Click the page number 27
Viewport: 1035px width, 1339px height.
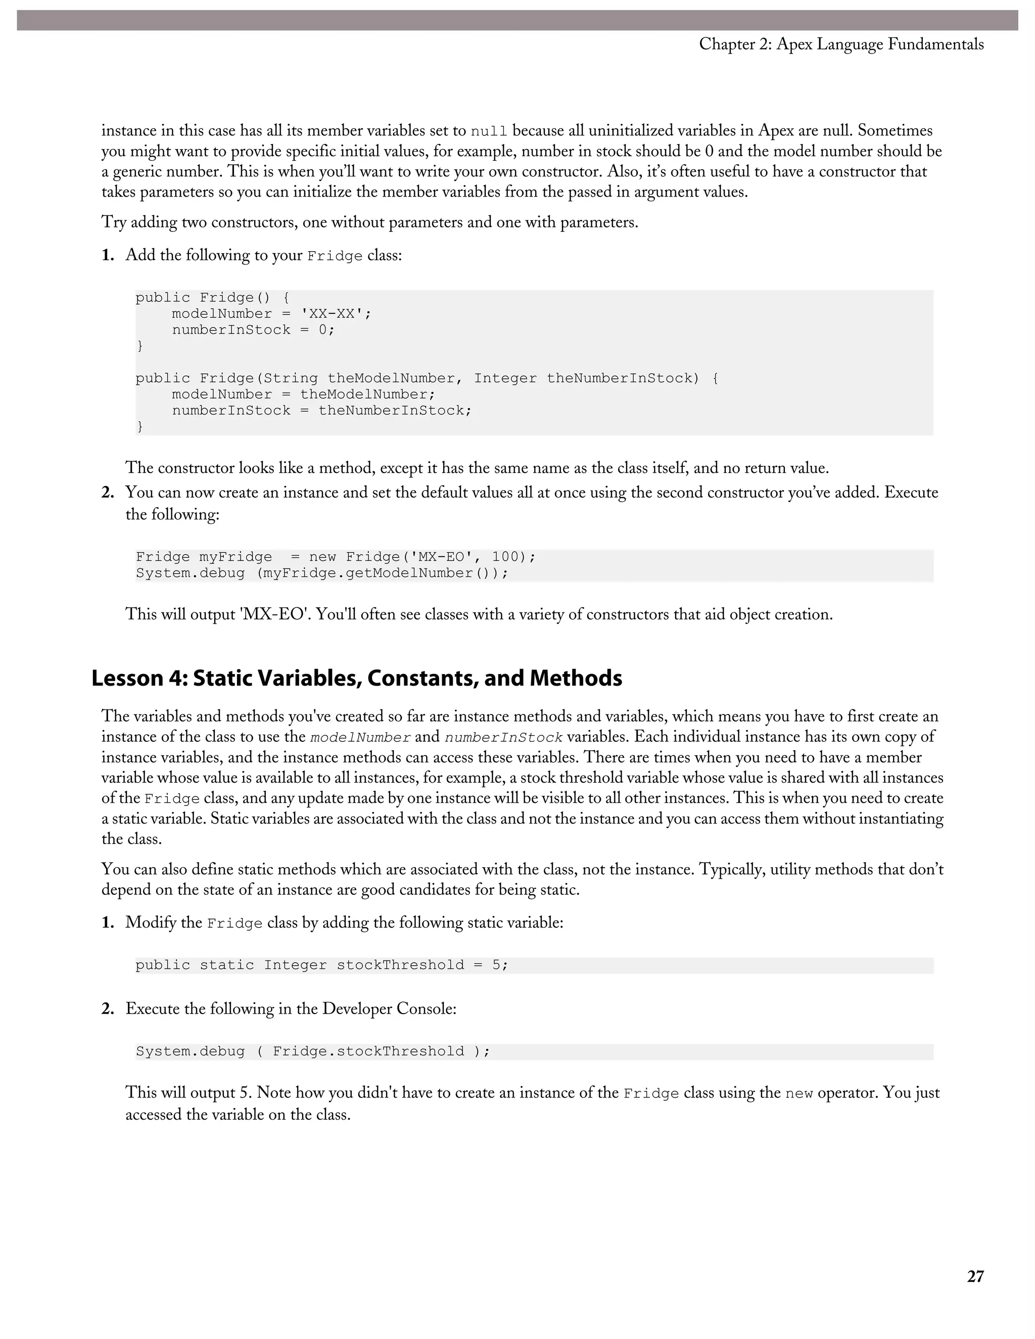(x=975, y=1276)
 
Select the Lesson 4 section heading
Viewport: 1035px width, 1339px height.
(x=356, y=678)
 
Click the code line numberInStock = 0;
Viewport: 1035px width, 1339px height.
(x=253, y=330)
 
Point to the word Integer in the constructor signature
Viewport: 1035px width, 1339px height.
(x=505, y=378)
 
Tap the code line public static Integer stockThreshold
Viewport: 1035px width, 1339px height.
(x=321, y=965)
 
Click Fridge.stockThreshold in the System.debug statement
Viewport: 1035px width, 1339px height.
(x=368, y=1051)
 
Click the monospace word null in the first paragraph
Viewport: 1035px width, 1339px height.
(x=489, y=132)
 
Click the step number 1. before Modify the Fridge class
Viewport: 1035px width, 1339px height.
(x=108, y=923)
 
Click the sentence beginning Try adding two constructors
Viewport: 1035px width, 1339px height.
(x=370, y=222)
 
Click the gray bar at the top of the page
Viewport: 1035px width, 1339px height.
(x=517, y=20)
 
